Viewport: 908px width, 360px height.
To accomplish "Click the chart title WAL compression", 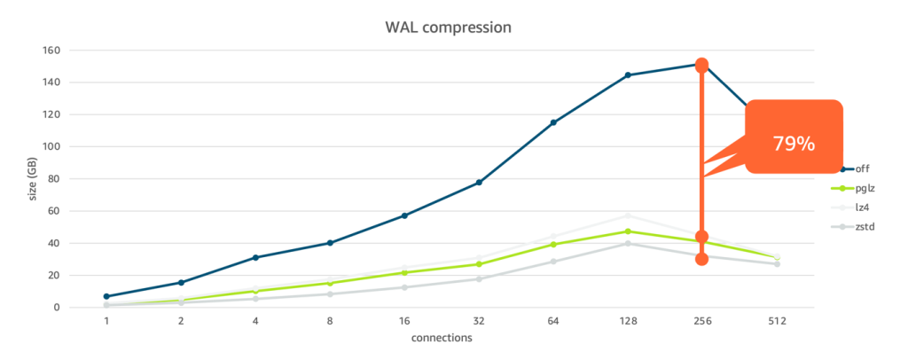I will tap(448, 27).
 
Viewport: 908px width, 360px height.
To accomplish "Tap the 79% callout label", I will tap(793, 143).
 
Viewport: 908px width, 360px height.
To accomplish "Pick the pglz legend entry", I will tap(864, 187).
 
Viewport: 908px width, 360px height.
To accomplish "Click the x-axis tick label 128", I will tap(628, 322).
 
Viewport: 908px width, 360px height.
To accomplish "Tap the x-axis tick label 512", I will tap(777, 322).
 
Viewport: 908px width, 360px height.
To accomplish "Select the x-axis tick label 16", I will tap(404, 322).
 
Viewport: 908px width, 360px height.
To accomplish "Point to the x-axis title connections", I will tap(442, 339).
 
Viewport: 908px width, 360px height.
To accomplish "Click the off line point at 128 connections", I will tap(628, 75).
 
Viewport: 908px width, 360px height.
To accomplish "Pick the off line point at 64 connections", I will tap(553, 122).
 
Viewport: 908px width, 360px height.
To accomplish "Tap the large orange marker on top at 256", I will tap(701, 65).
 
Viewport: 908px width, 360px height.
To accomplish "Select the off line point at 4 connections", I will tap(255, 257).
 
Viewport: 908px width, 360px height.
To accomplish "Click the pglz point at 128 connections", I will tap(628, 231).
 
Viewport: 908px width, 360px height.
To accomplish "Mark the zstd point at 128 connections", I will tap(628, 243).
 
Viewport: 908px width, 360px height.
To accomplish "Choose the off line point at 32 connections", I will tap(479, 183).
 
